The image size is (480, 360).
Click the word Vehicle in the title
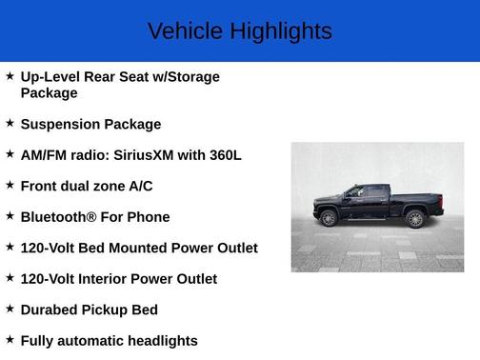tap(185, 31)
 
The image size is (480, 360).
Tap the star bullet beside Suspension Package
tap(10, 123)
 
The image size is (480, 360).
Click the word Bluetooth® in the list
tap(58, 217)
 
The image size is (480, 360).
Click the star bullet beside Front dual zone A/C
tap(10, 185)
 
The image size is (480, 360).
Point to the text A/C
tap(139, 186)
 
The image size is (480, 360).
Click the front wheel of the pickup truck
tap(329, 218)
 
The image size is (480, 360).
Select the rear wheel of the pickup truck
tap(414, 218)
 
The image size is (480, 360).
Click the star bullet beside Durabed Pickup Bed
tap(10, 309)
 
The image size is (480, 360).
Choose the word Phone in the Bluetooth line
tap(148, 217)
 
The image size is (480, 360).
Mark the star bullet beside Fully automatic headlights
tap(10, 340)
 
